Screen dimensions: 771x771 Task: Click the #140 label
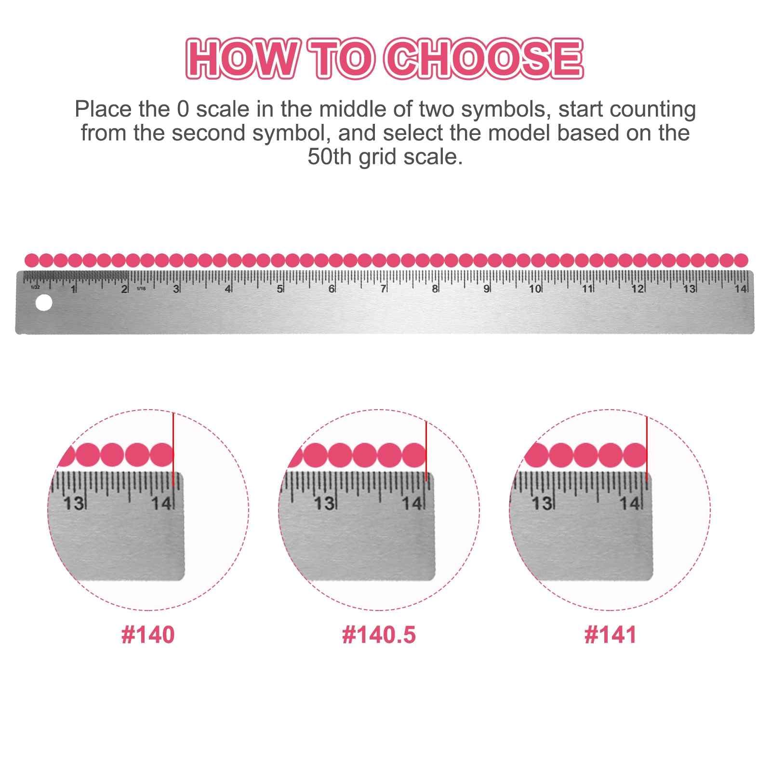pyautogui.click(x=148, y=635)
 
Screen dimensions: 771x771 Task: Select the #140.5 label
pyautogui.click(x=379, y=635)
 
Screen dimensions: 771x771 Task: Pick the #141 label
pyautogui.click(x=610, y=635)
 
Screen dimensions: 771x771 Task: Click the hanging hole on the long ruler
pyautogui.click(x=44, y=303)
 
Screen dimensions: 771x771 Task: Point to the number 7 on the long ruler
pyautogui.click(x=383, y=289)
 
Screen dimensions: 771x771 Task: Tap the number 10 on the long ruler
pyautogui.click(x=535, y=289)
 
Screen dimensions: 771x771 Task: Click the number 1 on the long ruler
pyautogui.click(x=73, y=289)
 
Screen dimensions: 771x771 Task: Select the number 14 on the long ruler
pyautogui.click(x=741, y=289)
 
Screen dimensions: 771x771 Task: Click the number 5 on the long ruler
pyautogui.click(x=279, y=289)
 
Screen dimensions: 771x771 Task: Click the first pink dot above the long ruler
pyautogui.click(x=32, y=260)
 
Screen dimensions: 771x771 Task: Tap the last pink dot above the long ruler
pyautogui.click(x=741, y=260)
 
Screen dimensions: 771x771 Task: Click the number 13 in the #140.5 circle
pyautogui.click(x=324, y=504)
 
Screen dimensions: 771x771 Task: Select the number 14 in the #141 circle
pyautogui.click(x=629, y=504)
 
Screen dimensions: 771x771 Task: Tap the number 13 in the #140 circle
pyautogui.click(x=74, y=504)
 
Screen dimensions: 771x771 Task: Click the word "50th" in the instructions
pyautogui.click(x=331, y=157)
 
